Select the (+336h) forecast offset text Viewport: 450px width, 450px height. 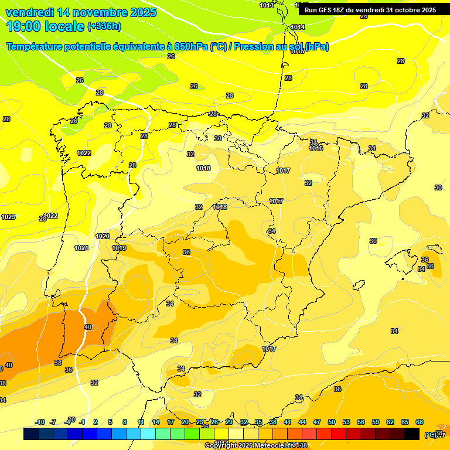click(x=104, y=26)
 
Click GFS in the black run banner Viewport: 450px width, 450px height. click(x=326, y=10)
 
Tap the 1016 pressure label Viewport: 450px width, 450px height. click(x=316, y=148)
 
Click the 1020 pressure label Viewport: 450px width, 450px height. click(x=103, y=236)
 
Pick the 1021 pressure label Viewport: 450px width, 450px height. click(x=81, y=248)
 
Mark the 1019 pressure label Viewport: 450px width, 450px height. click(x=119, y=248)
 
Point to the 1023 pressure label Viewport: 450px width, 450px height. click(x=8, y=217)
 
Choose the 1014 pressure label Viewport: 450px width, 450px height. click(x=298, y=27)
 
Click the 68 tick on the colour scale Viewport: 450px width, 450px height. click(x=420, y=422)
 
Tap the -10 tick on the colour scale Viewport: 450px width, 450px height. click(x=40, y=422)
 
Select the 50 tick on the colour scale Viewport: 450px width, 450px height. click(x=332, y=422)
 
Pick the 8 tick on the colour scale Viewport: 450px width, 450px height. click(x=125, y=422)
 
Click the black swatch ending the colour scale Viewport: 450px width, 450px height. click(x=412, y=434)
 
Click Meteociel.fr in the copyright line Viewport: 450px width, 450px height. click(x=272, y=445)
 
